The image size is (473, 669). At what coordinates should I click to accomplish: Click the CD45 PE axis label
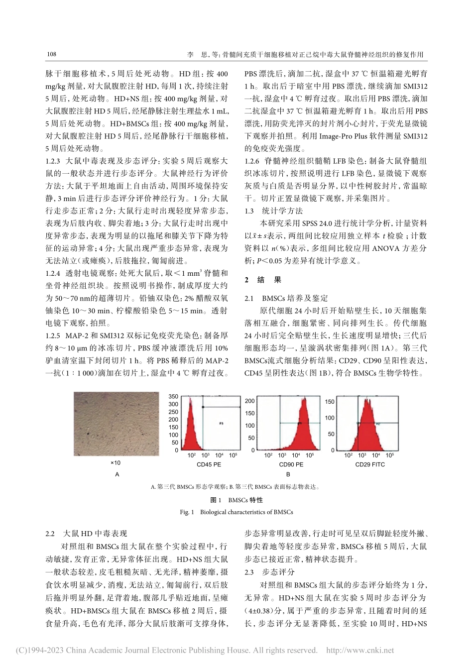[x=209, y=464]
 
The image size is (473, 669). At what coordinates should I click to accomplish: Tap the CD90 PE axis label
[x=291, y=464]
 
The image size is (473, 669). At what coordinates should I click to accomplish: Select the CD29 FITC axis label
[x=370, y=464]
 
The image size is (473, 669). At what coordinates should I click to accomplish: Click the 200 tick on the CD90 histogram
[x=249, y=401]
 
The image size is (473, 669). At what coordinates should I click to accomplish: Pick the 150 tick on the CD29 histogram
[x=330, y=401]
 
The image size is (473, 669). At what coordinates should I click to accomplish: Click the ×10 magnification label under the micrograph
[x=116, y=463]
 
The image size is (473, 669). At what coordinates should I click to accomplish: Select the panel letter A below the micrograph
[x=117, y=474]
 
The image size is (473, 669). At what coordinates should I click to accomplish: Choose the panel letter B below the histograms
[x=288, y=474]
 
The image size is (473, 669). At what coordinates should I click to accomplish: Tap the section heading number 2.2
[x=50, y=534]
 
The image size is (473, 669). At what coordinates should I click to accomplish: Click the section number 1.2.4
[x=53, y=273]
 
